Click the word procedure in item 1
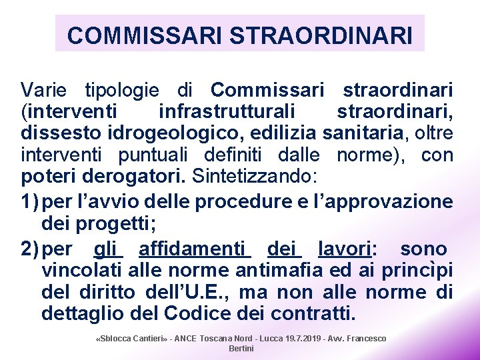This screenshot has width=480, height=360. pos(212,201)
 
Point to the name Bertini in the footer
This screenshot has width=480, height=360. pos(241,349)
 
